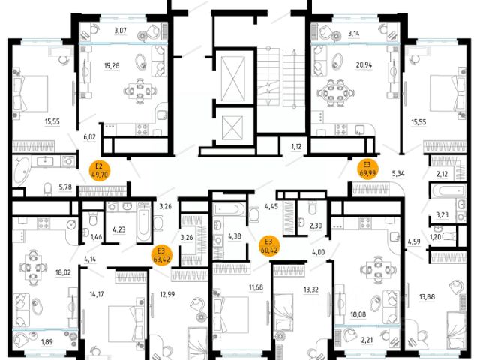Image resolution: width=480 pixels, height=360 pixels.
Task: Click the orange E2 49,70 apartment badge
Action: click(x=99, y=171)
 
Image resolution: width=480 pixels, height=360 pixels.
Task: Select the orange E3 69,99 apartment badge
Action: click(x=367, y=169)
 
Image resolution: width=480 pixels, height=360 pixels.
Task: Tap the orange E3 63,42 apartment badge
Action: click(x=162, y=256)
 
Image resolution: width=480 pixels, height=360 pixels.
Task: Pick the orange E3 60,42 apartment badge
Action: click(x=269, y=246)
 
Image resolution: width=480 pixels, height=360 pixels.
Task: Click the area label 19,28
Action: click(x=112, y=65)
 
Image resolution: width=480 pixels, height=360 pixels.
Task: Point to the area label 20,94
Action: click(x=364, y=65)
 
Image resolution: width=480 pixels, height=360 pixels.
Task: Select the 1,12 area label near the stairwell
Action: click(x=296, y=147)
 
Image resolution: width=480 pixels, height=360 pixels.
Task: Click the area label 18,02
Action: click(x=63, y=271)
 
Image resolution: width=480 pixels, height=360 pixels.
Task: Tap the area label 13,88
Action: click(x=427, y=296)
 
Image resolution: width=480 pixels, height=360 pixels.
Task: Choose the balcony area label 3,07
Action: click(x=120, y=30)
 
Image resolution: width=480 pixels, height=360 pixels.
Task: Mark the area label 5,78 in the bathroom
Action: click(x=65, y=187)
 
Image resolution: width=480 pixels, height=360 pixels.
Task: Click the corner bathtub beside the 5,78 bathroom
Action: click(x=21, y=171)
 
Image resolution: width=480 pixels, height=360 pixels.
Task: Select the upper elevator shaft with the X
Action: click(x=233, y=79)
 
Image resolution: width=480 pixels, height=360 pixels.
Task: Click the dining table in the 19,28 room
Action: click(x=139, y=91)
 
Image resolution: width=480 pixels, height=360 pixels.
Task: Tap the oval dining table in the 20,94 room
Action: click(x=335, y=92)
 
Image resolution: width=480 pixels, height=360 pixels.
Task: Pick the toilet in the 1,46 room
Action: click(x=93, y=219)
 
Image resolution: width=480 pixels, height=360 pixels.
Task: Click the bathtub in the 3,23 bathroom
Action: click(x=452, y=191)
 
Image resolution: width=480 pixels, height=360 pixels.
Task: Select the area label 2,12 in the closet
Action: click(x=442, y=174)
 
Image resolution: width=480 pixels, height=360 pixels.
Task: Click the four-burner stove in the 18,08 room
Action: click(x=365, y=223)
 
